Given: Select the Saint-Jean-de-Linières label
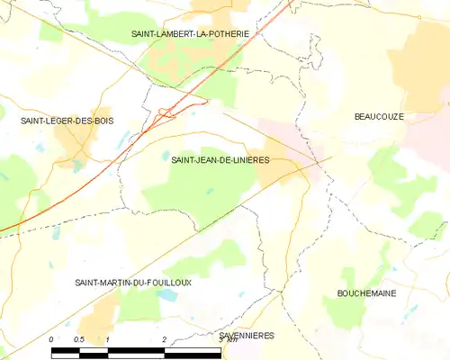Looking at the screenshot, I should (x=220, y=160).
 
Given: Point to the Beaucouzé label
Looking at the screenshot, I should (x=378, y=117).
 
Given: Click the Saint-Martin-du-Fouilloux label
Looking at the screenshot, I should (x=132, y=283).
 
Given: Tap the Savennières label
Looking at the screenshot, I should (x=246, y=335).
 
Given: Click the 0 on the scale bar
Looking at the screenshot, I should (x=51, y=339).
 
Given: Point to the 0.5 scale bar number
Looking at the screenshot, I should (x=78, y=339).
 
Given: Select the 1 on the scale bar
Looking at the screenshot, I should (x=107, y=339).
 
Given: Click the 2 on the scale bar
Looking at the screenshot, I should (x=164, y=339).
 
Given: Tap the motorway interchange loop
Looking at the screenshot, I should (x=166, y=112).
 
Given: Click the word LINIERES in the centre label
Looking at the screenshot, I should (x=249, y=160).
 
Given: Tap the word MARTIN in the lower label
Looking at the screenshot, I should (x=109, y=283).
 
